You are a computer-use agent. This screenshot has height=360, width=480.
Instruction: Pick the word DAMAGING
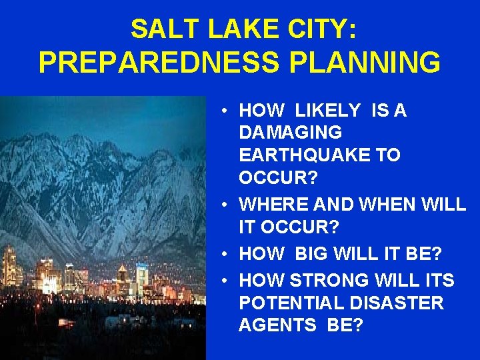(290, 133)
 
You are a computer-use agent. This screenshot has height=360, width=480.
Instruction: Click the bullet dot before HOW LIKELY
(227, 111)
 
